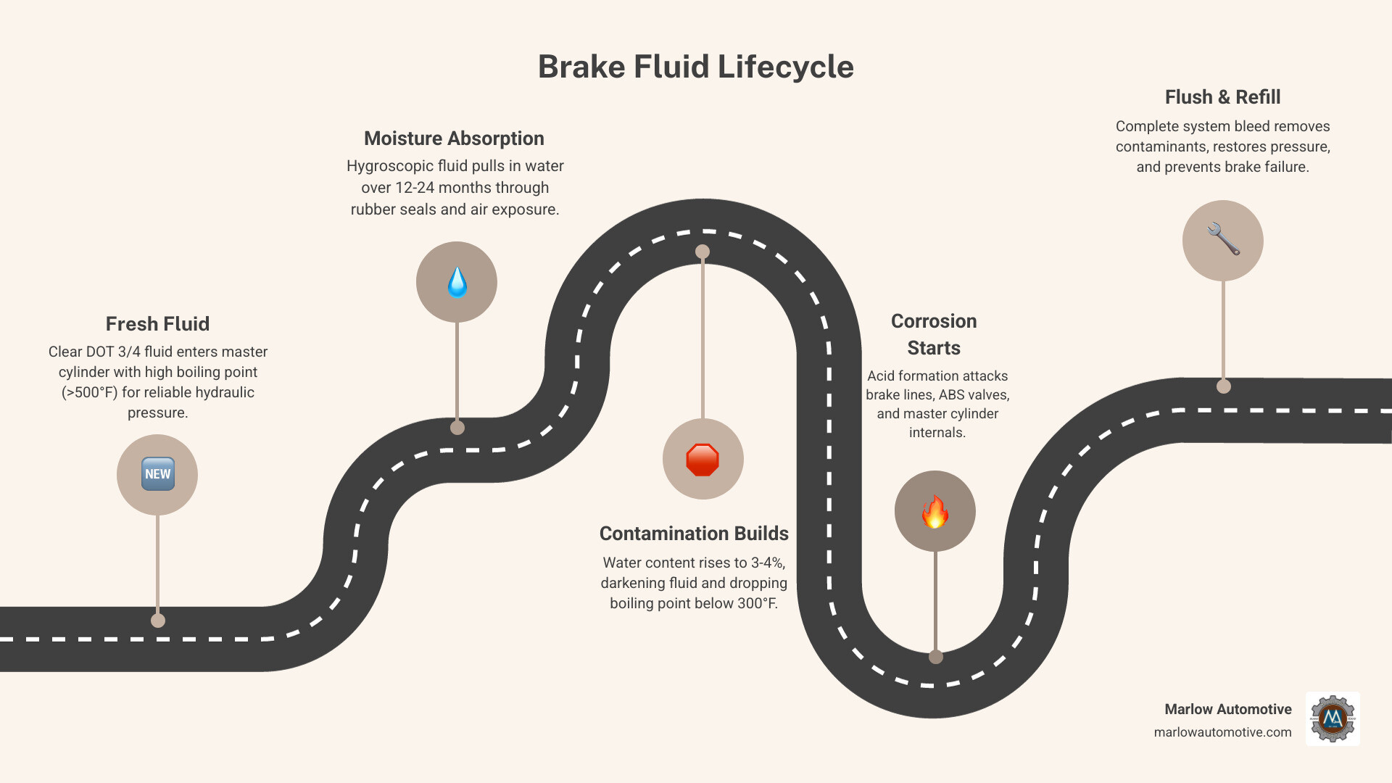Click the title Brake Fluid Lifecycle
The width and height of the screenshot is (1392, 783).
point(695,67)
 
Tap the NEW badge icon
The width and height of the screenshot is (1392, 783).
point(157,474)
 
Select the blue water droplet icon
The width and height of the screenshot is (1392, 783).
point(457,282)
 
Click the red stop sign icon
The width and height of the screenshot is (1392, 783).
point(703,460)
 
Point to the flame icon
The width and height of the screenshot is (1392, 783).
point(935,512)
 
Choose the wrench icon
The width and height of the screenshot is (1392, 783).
point(1223,239)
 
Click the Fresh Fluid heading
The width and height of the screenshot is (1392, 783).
point(157,324)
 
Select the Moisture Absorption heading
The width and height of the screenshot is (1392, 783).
point(454,138)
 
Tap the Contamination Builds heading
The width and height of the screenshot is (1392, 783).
point(694,534)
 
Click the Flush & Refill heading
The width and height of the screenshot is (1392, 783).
point(1222,97)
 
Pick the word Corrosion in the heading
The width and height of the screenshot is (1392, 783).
point(934,321)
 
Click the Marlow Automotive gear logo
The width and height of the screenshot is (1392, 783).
point(1333,718)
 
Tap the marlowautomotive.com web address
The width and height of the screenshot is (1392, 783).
point(1222,732)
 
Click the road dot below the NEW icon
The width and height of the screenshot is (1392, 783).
point(158,621)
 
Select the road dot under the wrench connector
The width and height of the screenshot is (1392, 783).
point(1224,386)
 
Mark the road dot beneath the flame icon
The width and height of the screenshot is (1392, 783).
point(936,657)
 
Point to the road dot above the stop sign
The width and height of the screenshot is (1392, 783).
point(703,252)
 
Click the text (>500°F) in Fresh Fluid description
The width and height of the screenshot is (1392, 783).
point(89,392)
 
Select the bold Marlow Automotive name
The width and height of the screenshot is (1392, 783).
point(1227,709)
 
